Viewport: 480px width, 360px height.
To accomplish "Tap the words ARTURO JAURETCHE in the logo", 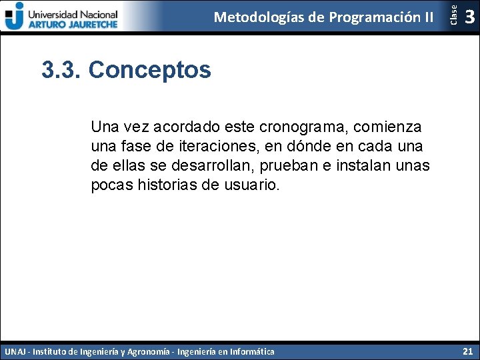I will (x=73, y=23).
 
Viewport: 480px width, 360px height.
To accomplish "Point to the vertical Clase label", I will (x=453, y=15).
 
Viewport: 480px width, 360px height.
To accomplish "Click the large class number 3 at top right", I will (x=470, y=16).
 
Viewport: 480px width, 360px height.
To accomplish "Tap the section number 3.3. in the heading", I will (x=61, y=69).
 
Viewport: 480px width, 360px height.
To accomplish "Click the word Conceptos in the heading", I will (x=149, y=69).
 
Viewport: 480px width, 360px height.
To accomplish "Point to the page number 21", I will (x=467, y=351).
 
